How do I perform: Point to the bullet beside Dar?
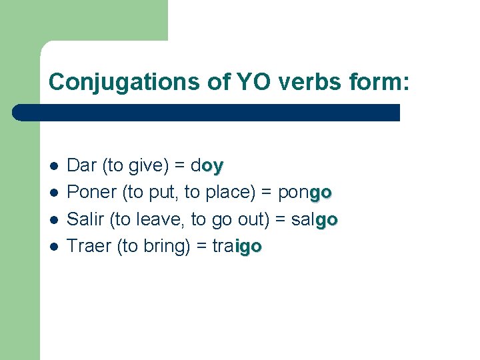(x=53, y=165)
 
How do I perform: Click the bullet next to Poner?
(x=53, y=193)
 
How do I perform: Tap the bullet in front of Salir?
(x=53, y=219)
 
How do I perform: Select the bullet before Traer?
(x=53, y=247)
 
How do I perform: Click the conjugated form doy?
(x=207, y=165)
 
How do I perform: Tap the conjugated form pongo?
(x=305, y=193)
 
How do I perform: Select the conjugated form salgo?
(x=315, y=219)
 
